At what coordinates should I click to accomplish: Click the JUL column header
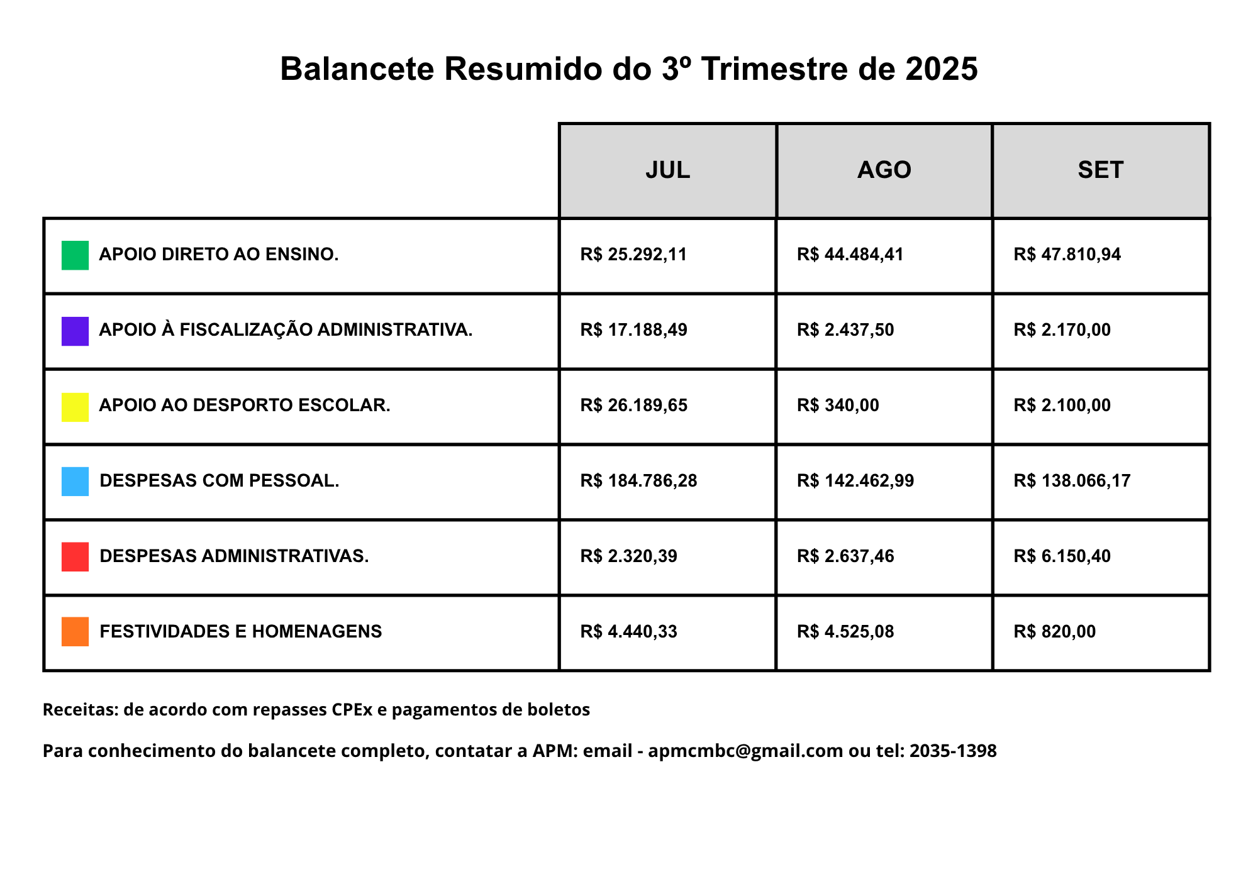[x=667, y=170]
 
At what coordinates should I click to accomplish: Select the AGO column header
[x=884, y=170]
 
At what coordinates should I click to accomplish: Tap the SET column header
[x=1100, y=170]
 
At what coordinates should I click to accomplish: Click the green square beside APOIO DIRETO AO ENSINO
[x=75, y=255]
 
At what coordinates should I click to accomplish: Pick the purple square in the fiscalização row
[x=75, y=331]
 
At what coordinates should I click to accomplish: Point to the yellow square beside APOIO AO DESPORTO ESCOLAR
[x=75, y=407]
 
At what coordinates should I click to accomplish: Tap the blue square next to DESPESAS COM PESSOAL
[x=75, y=482]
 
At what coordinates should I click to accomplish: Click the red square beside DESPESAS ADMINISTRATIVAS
[x=75, y=557]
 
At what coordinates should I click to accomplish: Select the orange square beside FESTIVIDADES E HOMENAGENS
[x=75, y=632]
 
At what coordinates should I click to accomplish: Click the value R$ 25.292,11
[x=633, y=255]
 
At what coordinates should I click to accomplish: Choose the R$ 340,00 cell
[x=838, y=406]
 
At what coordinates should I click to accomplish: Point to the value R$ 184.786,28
[x=638, y=481]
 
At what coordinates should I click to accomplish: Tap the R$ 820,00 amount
[x=1054, y=632]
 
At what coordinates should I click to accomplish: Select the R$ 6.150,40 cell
[x=1062, y=556]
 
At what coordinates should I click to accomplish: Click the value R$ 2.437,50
[x=845, y=330]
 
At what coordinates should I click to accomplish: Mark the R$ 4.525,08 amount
[x=845, y=632]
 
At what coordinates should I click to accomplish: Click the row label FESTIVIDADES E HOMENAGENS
[x=241, y=631]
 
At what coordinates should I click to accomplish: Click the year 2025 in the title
[x=942, y=69]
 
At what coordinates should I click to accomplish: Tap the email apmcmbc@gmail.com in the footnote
[x=745, y=751]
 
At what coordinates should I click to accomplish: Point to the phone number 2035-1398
[x=953, y=751]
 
